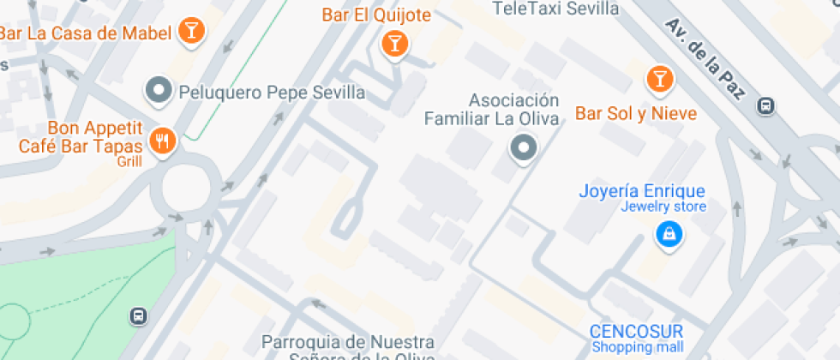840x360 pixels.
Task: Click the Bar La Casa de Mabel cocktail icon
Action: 193,33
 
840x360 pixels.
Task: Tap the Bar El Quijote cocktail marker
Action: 394,41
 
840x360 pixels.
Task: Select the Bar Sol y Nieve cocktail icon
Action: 659,80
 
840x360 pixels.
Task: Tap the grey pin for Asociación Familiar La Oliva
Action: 523,149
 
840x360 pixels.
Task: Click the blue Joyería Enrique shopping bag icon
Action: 668,232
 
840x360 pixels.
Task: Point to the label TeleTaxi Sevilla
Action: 556,9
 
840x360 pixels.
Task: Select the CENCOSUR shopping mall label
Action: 637,332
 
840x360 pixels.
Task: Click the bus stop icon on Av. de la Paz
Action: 766,106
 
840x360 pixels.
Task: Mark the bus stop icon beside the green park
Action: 137,315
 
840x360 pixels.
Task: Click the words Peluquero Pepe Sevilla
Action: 271,92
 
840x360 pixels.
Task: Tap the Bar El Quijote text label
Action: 376,15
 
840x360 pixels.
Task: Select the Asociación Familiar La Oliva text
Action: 492,110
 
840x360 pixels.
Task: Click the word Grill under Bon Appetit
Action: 129,160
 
